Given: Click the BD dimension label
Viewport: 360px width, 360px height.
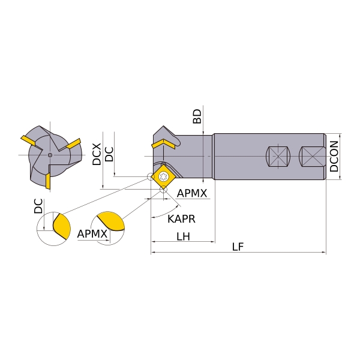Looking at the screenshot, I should point(197,116).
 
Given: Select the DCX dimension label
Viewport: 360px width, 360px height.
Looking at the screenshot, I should point(97,154).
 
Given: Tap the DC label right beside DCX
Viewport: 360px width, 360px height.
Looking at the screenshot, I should point(109,154).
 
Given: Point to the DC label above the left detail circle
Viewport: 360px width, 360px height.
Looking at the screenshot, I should point(38,206).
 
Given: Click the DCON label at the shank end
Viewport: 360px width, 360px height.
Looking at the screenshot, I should point(335,156).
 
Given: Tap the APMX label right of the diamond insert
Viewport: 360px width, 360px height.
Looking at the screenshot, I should point(192,193).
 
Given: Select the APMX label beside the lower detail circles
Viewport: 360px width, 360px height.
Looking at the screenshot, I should point(92,233).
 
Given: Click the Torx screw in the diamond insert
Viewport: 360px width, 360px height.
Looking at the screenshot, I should point(163,176).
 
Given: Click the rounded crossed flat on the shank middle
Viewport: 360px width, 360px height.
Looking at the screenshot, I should point(277,157).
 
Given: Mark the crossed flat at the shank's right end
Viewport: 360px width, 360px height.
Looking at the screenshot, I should point(313,157).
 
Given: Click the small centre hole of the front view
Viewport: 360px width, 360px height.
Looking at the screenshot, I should point(50,155).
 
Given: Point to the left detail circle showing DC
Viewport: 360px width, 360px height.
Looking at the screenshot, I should point(53,228).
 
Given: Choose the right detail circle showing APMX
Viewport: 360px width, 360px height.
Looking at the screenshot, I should point(108,227).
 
